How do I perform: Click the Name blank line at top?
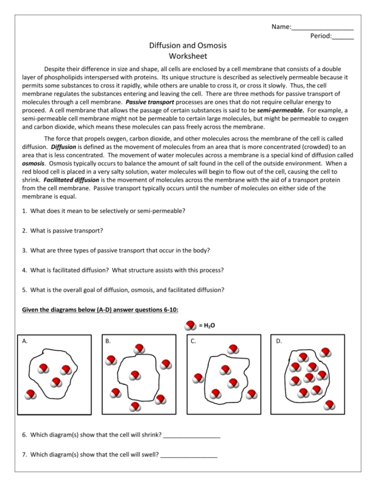pyautogui.click(x=322, y=27)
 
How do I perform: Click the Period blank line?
pyautogui.click(x=343, y=36)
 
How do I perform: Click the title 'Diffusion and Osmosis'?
pyautogui.click(x=187, y=45)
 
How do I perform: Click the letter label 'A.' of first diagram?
pyautogui.click(x=25, y=341)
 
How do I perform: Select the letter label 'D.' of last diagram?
pyautogui.click(x=279, y=341)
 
